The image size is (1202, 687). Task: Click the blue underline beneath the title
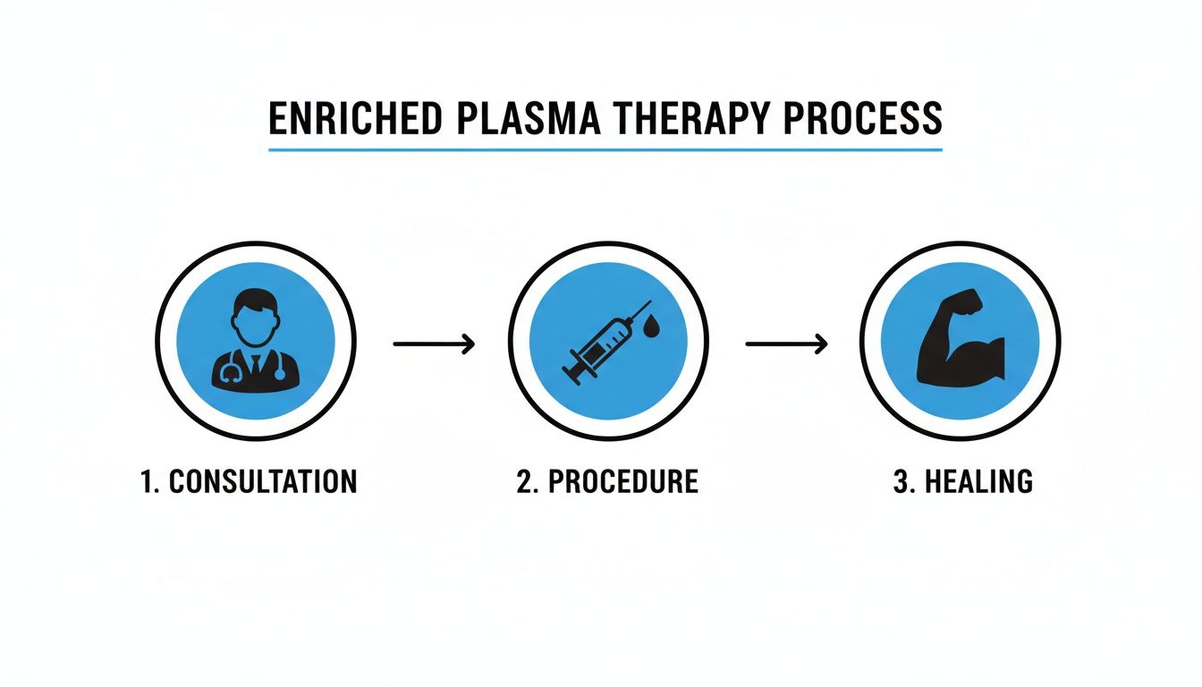point(605,148)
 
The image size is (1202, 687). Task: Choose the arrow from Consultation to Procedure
point(434,343)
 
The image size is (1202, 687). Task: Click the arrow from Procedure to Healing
point(786,343)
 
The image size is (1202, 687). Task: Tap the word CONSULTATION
point(263,481)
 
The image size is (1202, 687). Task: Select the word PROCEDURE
point(622,481)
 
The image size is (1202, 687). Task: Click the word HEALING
point(978,481)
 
